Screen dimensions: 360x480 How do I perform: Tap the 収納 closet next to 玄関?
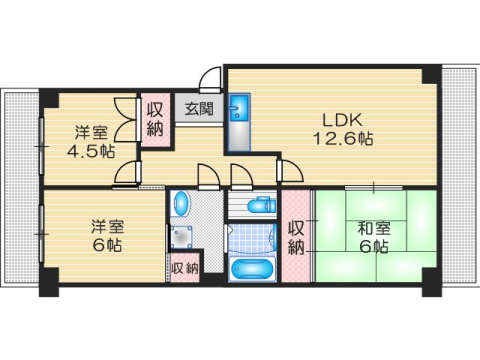click(x=155, y=119)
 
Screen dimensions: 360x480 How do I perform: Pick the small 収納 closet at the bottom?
click(x=183, y=268)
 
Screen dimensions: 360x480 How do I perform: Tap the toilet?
click(x=257, y=207)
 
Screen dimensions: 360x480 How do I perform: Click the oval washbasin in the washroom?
click(x=180, y=205)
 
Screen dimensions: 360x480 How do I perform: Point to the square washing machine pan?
click(x=181, y=237)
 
